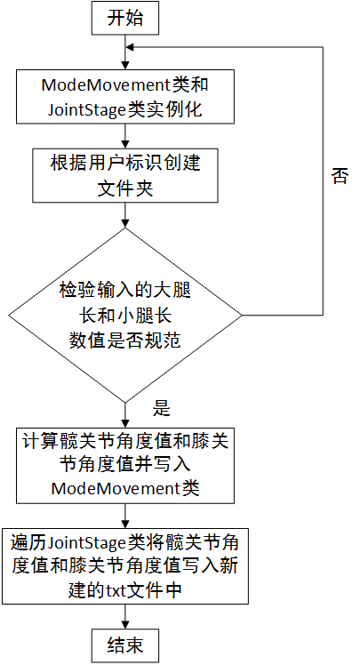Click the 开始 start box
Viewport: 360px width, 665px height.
tap(125, 19)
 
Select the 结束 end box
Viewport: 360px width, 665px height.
tap(125, 645)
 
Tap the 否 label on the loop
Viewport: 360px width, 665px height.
tap(340, 176)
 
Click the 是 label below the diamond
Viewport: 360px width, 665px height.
tap(161, 408)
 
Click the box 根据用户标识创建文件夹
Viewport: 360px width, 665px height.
tap(125, 175)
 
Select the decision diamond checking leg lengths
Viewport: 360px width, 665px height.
tap(125, 315)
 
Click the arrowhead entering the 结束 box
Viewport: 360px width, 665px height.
tap(125, 625)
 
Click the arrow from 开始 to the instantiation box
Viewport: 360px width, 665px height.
tap(125, 52)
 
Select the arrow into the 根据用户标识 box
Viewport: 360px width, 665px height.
tap(125, 136)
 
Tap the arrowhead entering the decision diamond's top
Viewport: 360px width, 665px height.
tap(125, 224)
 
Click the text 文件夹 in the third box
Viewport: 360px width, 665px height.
tap(125, 188)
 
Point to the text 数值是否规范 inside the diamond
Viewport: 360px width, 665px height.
tap(125, 341)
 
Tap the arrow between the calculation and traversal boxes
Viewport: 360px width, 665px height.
tap(125, 516)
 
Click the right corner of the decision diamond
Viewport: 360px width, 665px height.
tap(242, 315)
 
